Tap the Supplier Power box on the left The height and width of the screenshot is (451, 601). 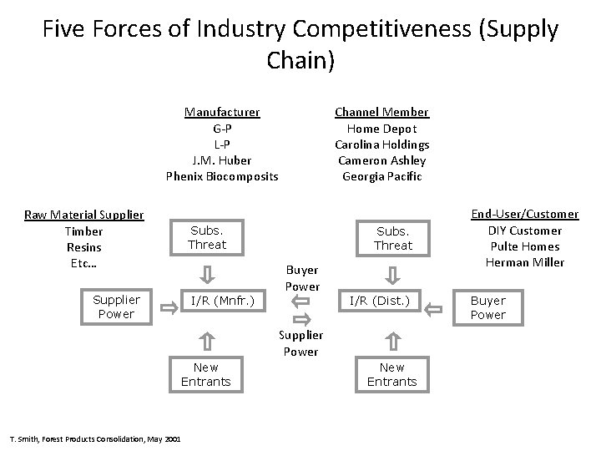(x=116, y=307)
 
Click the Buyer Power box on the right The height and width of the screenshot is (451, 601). (x=488, y=307)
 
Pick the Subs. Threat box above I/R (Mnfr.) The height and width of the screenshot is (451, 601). (x=207, y=237)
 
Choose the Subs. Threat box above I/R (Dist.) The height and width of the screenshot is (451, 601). (x=393, y=237)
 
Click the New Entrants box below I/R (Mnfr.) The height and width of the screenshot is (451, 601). (x=206, y=374)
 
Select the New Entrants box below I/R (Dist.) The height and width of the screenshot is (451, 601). (x=391, y=374)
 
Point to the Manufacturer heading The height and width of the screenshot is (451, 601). (x=222, y=112)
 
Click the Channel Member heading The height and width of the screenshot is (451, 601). (x=381, y=112)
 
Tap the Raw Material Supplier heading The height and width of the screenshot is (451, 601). (x=84, y=215)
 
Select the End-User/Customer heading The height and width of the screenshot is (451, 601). (x=525, y=215)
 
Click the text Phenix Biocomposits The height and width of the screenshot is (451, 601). (x=222, y=176)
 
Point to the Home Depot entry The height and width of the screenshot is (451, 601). (x=381, y=129)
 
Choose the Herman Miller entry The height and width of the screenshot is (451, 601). (x=525, y=262)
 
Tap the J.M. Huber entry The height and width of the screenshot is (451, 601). (x=222, y=160)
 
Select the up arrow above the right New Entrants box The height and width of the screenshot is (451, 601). (x=392, y=339)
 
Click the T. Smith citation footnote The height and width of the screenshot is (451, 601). (x=93, y=438)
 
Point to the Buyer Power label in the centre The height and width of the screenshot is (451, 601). (x=302, y=278)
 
